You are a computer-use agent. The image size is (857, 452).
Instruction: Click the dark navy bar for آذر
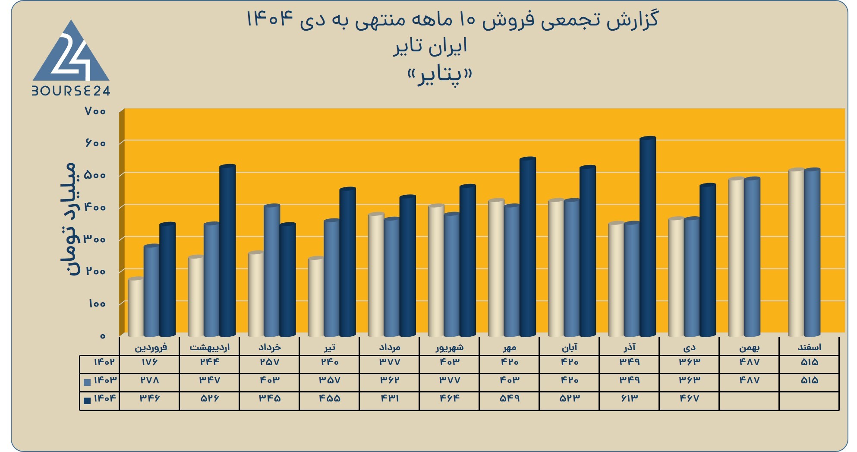[648, 237]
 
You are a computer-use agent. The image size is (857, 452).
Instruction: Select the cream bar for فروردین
[136, 307]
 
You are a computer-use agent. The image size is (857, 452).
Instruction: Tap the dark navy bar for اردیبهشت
[228, 250]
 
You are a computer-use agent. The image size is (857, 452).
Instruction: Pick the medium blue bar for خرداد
[272, 271]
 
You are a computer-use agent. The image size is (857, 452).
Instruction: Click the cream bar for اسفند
[796, 253]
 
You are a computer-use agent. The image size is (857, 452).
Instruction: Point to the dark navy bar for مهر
[528, 247]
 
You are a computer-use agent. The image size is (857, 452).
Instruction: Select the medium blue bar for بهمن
[752, 257]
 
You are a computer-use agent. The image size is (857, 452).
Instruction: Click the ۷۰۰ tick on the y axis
[95, 111]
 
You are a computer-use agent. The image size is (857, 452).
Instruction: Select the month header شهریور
[449, 347]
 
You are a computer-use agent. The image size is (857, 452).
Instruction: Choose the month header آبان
[569, 347]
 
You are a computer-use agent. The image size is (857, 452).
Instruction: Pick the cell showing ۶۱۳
[629, 398]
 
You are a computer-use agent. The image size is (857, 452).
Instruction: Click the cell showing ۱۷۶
[149, 362]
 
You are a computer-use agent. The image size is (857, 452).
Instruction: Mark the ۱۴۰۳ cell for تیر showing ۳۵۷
[329, 380]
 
